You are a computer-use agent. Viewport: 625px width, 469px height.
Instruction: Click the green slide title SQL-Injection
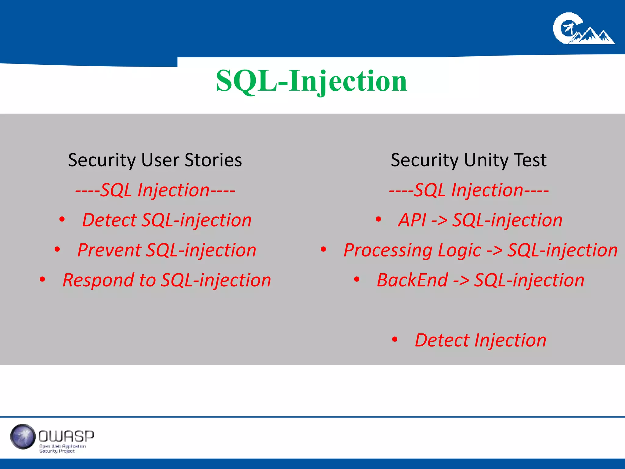point(312,81)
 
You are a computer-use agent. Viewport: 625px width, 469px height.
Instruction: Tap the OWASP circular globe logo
point(23,436)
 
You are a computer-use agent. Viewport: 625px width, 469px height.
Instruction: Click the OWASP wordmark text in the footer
point(66,436)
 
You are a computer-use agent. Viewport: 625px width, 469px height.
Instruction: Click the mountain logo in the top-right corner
point(583,29)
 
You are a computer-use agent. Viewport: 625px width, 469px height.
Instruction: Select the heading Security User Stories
point(155,160)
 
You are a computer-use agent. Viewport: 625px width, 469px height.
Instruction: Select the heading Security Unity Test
point(468,160)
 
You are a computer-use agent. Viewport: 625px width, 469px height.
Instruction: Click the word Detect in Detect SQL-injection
point(109,220)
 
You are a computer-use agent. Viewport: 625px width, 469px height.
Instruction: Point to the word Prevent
point(109,250)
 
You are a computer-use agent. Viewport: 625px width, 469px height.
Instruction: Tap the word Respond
point(98,280)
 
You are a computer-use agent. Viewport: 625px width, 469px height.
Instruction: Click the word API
point(412,220)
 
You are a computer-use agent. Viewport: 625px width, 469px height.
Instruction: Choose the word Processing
point(388,250)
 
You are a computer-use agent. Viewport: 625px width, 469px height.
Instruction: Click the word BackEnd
point(412,280)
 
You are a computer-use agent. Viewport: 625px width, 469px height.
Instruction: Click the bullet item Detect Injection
point(480,340)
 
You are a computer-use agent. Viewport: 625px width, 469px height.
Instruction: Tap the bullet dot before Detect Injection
point(395,339)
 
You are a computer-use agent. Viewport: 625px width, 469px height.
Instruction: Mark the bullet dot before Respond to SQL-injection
point(42,279)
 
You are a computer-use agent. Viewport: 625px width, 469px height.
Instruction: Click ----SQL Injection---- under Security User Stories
point(155,190)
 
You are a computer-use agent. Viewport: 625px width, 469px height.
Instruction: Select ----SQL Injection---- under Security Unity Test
point(469,190)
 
